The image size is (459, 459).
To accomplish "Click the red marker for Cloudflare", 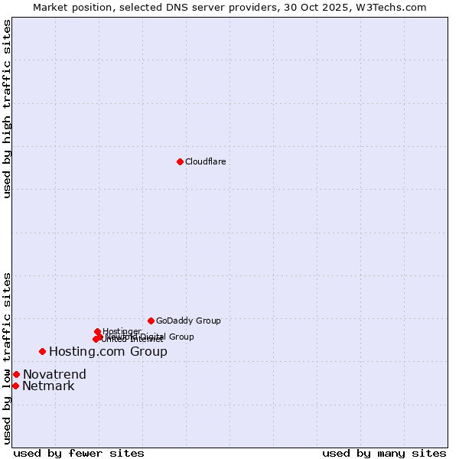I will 180,161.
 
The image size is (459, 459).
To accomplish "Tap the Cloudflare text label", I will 206,161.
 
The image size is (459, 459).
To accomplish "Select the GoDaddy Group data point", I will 151,321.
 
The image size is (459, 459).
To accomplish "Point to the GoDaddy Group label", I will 188,321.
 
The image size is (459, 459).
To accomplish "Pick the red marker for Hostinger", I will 97,331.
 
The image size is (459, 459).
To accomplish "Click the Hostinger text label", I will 122,331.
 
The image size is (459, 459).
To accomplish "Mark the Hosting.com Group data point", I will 42,351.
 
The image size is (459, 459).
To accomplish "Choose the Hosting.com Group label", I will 108,352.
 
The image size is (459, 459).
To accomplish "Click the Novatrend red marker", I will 16,374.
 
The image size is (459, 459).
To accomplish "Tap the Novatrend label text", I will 54,375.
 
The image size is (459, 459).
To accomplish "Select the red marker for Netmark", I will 15,386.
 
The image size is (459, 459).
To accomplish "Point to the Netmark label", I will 48,386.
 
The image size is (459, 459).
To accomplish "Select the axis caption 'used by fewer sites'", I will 79,453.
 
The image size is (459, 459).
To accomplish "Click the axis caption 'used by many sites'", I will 384,453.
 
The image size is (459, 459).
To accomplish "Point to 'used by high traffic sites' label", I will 7,109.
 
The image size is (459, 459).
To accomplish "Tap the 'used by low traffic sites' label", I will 7,358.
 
